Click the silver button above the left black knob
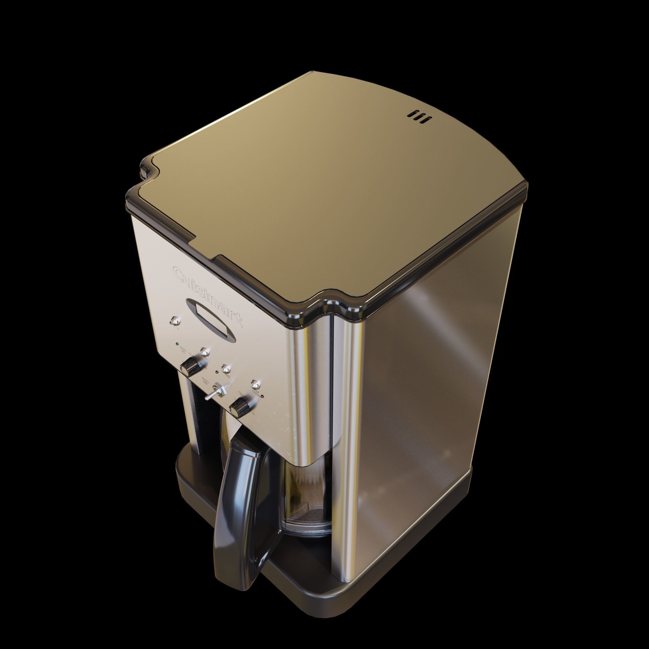[x=205, y=352]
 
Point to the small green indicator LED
[x=177, y=344]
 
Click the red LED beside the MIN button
[x=217, y=372]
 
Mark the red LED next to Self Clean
[x=263, y=396]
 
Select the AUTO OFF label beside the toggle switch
[x=204, y=380]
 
